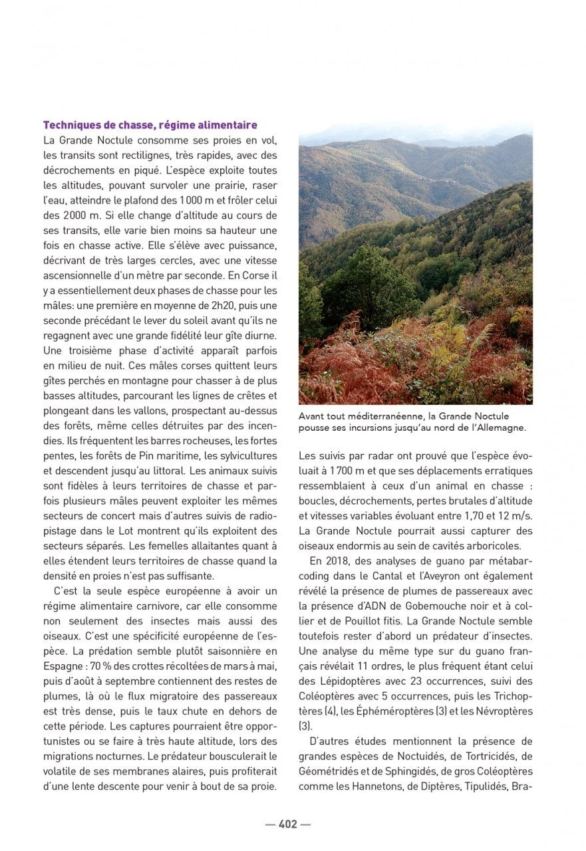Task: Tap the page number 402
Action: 287,824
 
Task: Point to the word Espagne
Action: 65,666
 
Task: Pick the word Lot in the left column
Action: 124,531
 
